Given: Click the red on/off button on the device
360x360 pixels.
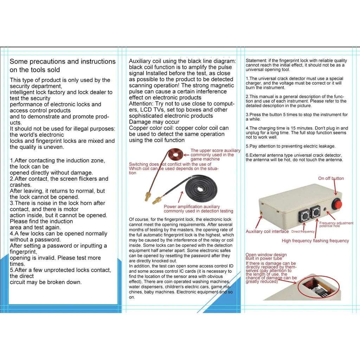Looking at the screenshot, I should pyautogui.click(x=338, y=204).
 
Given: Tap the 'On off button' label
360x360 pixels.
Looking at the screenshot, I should pyautogui.click(x=331, y=178).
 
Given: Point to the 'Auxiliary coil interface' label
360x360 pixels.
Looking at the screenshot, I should pyautogui.click(x=267, y=231).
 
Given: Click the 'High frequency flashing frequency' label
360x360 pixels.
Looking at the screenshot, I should pyautogui.click(x=315, y=241).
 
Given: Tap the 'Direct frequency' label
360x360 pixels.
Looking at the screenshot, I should pyautogui.click(x=303, y=232).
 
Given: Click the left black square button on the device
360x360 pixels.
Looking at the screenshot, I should pyautogui.click(x=304, y=215).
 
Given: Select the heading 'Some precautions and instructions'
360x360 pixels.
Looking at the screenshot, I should pyautogui.click(x=63, y=62).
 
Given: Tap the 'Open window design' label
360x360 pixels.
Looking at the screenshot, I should pyautogui.click(x=266, y=255).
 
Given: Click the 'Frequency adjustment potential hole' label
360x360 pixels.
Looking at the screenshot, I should pyautogui.click(x=336, y=224).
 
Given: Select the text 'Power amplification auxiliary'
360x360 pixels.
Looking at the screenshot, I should pyautogui.click(x=192, y=207).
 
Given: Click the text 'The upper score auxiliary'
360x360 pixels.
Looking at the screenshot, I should pyautogui.click(x=216, y=150).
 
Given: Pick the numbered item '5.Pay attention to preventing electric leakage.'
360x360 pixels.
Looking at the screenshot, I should pyautogui.click(x=290, y=146).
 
